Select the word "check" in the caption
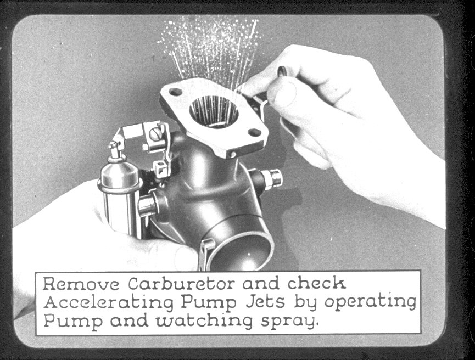pos(316,283)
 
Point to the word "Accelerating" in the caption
pos(109,303)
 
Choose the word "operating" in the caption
pos(371,302)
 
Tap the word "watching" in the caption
pos(204,321)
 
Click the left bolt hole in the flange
pos(175,91)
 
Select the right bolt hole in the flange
pos(254,132)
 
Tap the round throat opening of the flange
pos(214,111)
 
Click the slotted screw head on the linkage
pos(155,134)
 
